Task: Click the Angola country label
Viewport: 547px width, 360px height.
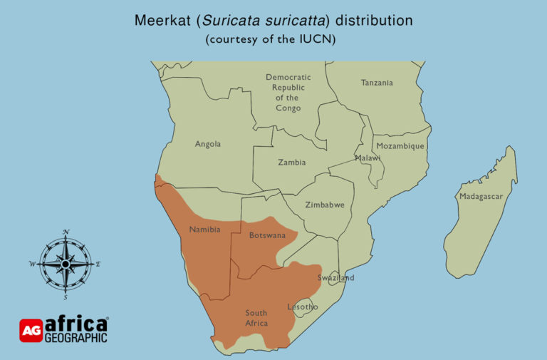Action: [x=208, y=144]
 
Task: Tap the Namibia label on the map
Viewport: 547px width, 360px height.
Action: [x=204, y=230]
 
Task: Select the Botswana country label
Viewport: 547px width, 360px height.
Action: [x=267, y=235]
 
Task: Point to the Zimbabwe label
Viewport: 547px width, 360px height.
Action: [x=325, y=205]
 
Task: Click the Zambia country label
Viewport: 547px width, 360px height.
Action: [x=291, y=163]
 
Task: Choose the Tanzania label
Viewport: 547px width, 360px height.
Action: [x=377, y=83]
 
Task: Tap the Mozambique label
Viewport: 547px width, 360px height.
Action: [x=400, y=146]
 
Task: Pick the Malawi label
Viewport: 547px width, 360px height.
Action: [x=368, y=158]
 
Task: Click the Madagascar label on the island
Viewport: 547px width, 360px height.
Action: [x=481, y=196]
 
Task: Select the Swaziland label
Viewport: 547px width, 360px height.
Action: [x=335, y=277]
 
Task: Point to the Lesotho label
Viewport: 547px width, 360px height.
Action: [x=302, y=307]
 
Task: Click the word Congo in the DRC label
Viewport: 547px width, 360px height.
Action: [x=288, y=108]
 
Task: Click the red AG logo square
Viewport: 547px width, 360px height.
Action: [x=31, y=329]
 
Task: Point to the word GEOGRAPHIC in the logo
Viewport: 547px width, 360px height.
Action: [x=76, y=337]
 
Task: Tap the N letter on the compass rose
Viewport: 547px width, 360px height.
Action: [x=66, y=232]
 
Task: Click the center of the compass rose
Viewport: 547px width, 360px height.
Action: [x=66, y=263]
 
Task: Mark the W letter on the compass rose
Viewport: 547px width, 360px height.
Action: [x=32, y=264]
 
